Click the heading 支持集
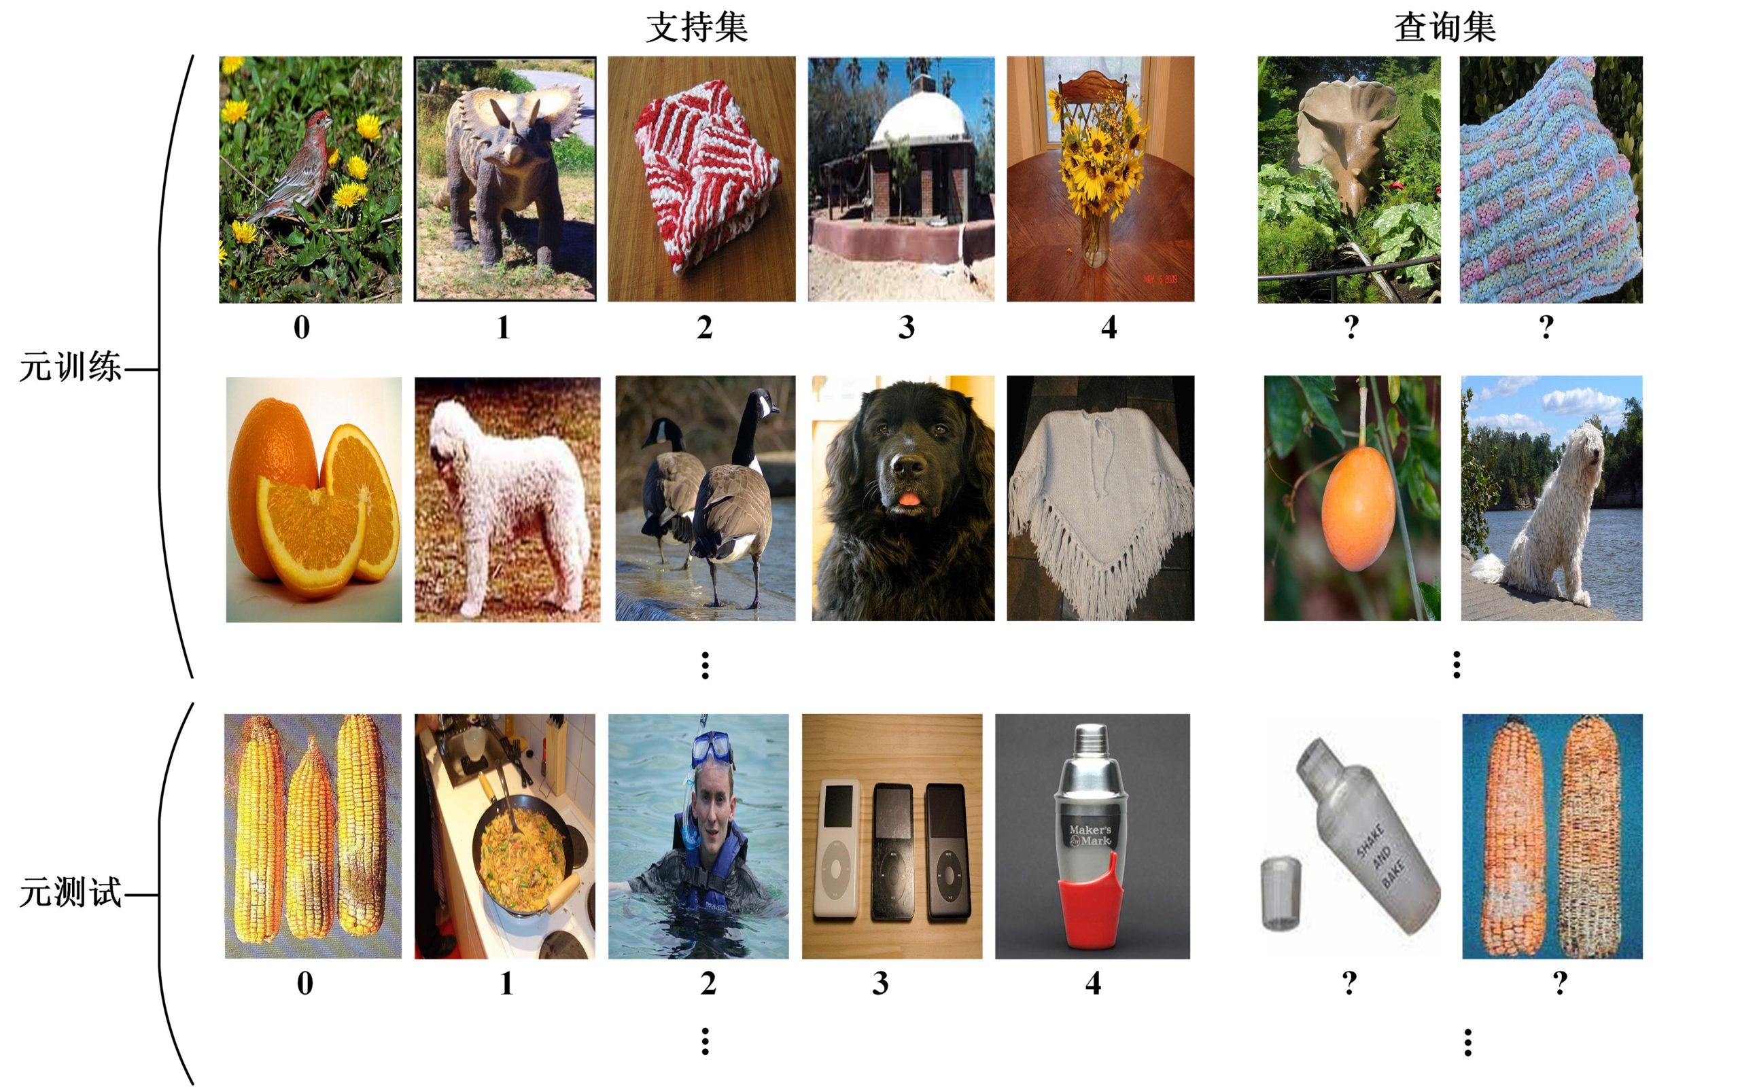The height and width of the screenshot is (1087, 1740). point(696,28)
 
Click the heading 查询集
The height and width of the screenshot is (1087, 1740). point(1444,28)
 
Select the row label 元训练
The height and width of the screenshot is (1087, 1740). point(70,368)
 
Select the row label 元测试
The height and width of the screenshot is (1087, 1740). point(70,893)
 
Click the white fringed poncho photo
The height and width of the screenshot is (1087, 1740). point(1100,498)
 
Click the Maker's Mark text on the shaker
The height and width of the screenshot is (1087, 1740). point(1090,835)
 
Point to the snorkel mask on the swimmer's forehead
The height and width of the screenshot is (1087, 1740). point(712,749)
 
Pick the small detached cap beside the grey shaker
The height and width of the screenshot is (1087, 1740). point(1281,891)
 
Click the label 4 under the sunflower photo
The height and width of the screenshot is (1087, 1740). point(1109,328)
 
